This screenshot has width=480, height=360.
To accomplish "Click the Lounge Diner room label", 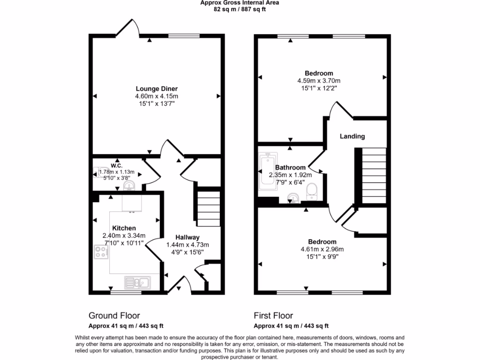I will pyautogui.click(x=157, y=89).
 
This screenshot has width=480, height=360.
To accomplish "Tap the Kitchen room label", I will pyautogui.click(x=124, y=228).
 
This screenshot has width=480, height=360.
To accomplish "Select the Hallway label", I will pyautogui.click(x=187, y=237).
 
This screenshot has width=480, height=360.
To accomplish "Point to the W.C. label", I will pyautogui.click(x=117, y=165).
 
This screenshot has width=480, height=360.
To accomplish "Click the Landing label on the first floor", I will pyautogui.click(x=352, y=136).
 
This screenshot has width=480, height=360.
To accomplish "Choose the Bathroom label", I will pyautogui.click(x=290, y=167).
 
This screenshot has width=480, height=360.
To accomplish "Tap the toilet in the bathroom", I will pyautogui.click(x=312, y=191).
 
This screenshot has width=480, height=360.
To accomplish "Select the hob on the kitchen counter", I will pyautogui.click(x=101, y=252).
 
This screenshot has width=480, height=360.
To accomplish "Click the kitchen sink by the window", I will pyautogui.click(x=137, y=282).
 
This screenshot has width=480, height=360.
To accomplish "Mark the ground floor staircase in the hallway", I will pyautogui.click(x=208, y=209).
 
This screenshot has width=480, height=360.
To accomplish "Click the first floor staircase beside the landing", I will pyautogui.click(x=374, y=174).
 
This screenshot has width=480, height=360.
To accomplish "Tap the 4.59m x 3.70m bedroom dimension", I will pyautogui.click(x=319, y=81).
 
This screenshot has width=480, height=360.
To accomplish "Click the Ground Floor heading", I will pyautogui.click(x=114, y=315).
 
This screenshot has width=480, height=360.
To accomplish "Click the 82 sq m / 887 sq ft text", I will pyautogui.click(x=240, y=9).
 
